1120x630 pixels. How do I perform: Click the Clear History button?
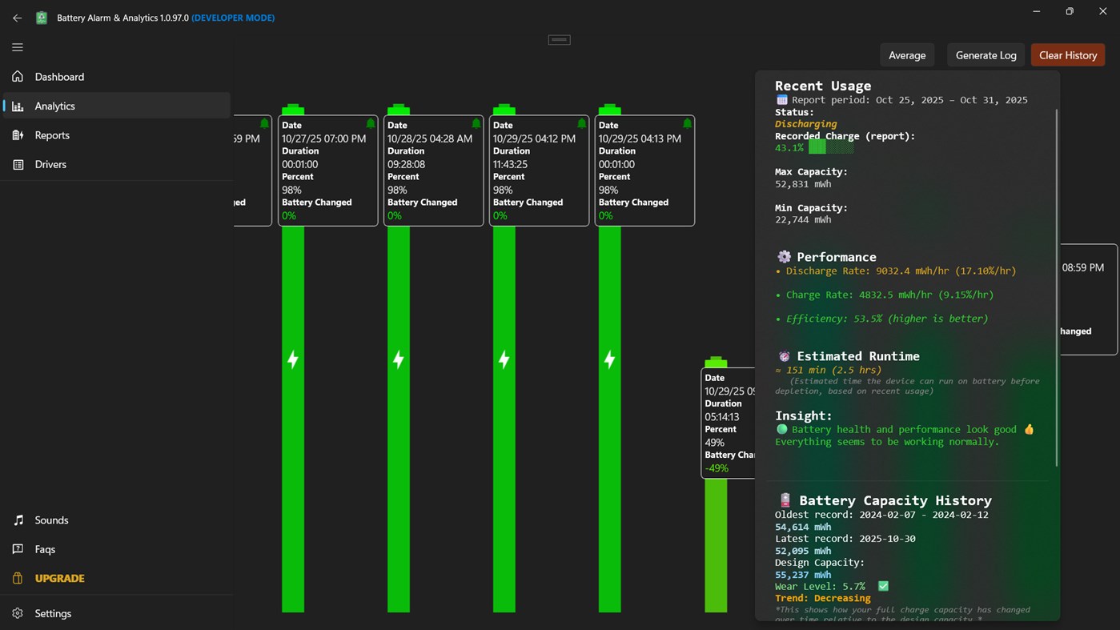[1067, 55]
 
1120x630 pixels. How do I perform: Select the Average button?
[907, 55]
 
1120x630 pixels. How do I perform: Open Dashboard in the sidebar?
[59, 77]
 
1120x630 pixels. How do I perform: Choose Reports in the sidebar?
[52, 135]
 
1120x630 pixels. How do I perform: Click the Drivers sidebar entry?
[50, 164]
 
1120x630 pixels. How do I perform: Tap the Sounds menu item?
[51, 520]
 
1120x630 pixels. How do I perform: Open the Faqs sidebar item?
[45, 549]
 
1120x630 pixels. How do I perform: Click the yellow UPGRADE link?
[59, 578]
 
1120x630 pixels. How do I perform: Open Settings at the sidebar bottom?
[53, 613]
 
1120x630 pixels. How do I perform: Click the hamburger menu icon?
[18, 47]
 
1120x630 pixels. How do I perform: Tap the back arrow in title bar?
[18, 18]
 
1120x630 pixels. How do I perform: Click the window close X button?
[1102, 11]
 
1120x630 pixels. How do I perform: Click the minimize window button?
[1037, 11]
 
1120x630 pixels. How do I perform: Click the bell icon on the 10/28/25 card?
[476, 124]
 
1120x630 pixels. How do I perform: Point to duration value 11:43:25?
[509, 164]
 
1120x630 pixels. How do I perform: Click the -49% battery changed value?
[717, 468]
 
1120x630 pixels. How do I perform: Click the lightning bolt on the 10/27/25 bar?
[293, 359]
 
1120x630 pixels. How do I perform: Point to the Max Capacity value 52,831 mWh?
[803, 184]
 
